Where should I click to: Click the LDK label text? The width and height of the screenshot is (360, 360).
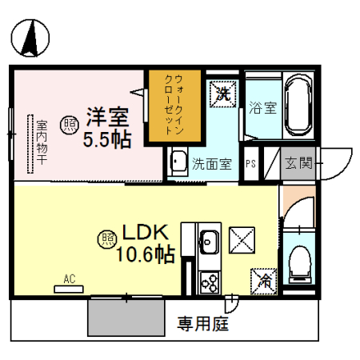[x=145, y=233]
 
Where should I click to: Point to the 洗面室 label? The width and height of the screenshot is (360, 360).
[x=211, y=165]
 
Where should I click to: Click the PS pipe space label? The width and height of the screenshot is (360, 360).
[x=250, y=165]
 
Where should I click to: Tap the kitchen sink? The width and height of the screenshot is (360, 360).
[x=210, y=241]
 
